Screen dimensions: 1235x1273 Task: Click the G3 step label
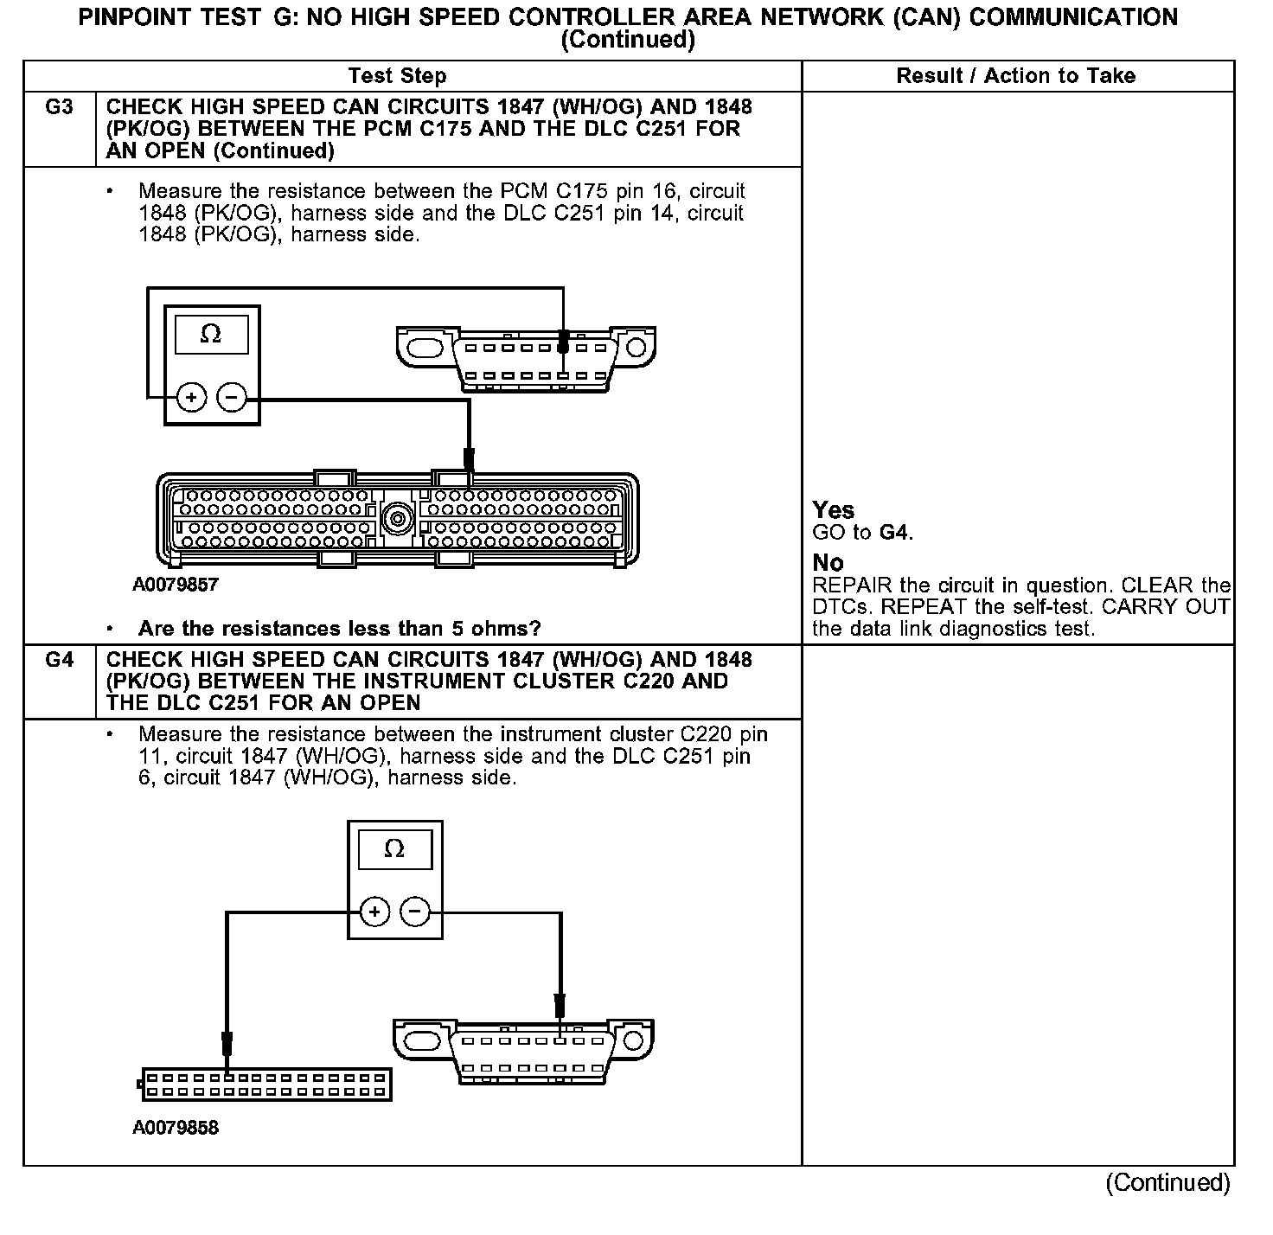(x=59, y=107)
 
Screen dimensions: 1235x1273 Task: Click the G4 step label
(x=59, y=660)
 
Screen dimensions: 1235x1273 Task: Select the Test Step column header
(x=397, y=76)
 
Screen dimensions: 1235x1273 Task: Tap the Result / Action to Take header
(x=1015, y=76)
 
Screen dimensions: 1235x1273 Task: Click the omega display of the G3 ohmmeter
(x=211, y=334)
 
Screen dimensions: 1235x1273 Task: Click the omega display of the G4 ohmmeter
(x=393, y=849)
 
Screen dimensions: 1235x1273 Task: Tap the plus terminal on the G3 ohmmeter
(x=191, y=398)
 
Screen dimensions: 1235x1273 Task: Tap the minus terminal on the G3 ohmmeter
(x=231, y=398)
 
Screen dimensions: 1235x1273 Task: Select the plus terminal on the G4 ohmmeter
(x=374, y=912)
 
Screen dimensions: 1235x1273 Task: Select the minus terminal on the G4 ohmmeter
(x=415, y=912)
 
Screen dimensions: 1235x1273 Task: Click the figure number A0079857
(x=176, y=585)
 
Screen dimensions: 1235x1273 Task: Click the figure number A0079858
(x=176, y=1128)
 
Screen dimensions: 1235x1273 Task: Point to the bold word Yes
(x=833, y=510)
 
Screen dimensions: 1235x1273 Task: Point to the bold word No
(x=828, y=562)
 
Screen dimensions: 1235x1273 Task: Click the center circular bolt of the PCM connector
(x=397, y=519)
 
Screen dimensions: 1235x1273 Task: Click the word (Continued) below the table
(x=1167, y=1182)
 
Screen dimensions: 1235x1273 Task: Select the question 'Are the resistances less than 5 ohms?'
(x=339, y=628)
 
